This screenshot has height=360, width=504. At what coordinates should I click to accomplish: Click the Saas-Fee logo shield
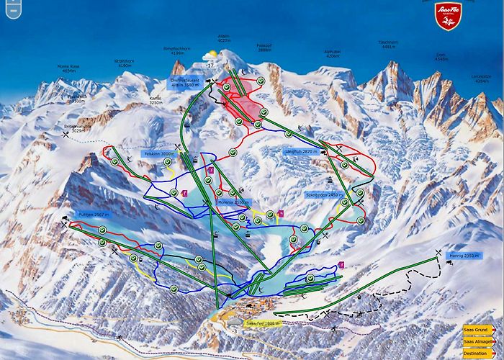tap(447, 17)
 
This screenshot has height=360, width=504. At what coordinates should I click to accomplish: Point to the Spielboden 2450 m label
tap(322, 194)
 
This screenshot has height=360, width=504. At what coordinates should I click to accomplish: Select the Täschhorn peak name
tap(388, 45)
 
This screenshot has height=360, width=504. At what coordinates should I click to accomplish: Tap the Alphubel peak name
tap(332, 53)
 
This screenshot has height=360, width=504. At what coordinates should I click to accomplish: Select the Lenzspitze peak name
tap(481, 80)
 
